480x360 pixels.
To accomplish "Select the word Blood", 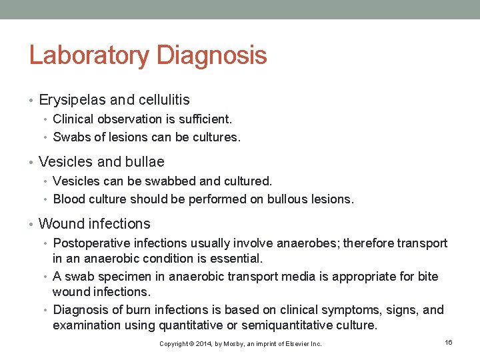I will (68, 199).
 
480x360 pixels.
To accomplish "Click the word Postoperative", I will (92, 243).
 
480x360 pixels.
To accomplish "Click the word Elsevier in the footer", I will (295, 344).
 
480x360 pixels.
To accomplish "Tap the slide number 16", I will (449, 342).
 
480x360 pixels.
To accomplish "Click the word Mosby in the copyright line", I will (239, 344).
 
